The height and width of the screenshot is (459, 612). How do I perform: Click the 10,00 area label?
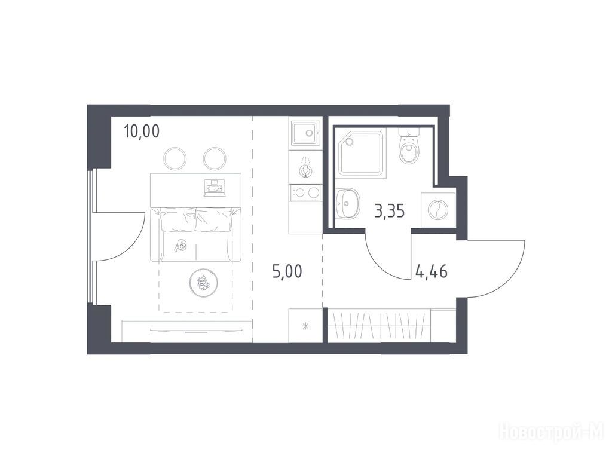(x=142, y=132)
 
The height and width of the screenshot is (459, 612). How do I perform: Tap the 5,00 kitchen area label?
(x=287, y=271)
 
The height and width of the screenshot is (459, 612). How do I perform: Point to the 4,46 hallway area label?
(x=432, y=271)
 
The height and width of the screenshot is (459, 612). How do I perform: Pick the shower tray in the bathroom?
(x=361, y=154)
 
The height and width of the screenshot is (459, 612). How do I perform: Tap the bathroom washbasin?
(x=347, y=203)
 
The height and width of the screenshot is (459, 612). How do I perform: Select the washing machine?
(x=438, y=210)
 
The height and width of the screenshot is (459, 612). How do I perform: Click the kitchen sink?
(x=305, y=133)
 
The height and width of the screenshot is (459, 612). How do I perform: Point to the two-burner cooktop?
(x=305, y=193)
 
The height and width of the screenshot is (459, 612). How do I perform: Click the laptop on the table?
(x=215, y=187)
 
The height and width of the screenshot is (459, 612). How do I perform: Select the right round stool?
(x=215, y=159)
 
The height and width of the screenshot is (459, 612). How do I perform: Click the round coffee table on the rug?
(x=203, y=283)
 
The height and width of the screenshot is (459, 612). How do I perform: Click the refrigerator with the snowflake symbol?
(x=305, y=325)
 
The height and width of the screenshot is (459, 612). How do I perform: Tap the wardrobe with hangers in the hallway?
(x=378, y=326)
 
